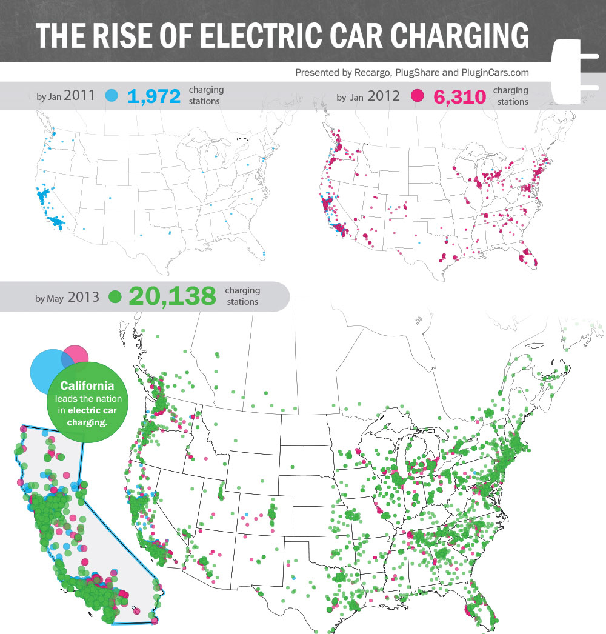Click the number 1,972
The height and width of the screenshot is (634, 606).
click(154, 96)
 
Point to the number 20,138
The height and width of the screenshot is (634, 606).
click(172, 296)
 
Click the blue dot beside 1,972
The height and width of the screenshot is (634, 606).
click(112, 96)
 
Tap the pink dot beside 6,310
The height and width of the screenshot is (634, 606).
click(417, 96)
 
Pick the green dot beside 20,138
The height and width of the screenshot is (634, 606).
click(115, 297)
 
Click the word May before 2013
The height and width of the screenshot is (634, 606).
click(56, 298)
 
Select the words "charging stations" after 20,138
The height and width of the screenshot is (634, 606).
click(242, 296)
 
